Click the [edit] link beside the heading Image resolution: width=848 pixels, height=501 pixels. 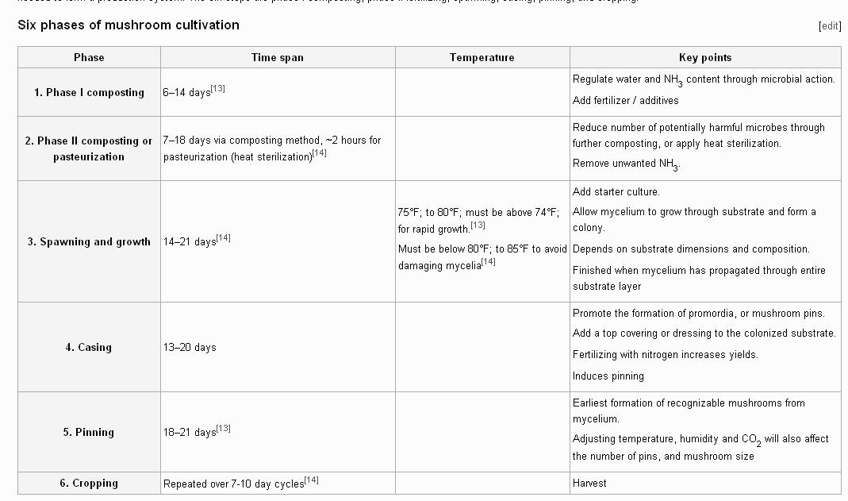click(829, 25)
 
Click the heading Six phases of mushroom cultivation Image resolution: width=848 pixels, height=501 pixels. click(129, 25)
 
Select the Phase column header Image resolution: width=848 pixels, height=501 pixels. click(89, 57)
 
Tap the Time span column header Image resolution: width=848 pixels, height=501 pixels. click(277, 57)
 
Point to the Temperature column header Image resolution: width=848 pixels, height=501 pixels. click(482, 57)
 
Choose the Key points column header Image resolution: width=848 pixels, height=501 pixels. click(705, 57)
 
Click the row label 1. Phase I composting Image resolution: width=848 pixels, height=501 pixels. click(89, 92)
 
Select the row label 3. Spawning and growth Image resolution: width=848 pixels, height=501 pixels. click(89, 241)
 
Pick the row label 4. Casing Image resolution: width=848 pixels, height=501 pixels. click(89, 347)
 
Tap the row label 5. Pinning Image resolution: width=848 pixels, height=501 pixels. click(89, 432)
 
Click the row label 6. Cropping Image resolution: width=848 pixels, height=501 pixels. click(89, 483)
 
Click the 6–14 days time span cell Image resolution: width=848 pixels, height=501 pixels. click(186, 93)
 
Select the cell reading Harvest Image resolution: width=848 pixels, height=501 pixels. click(589, 483)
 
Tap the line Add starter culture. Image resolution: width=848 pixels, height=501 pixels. click(616, 191)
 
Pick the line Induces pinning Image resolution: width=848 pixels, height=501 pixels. click(608, 376)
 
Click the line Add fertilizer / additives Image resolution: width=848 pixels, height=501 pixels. click(625, 100)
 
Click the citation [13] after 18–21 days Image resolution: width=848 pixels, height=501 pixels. click(224, 428)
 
